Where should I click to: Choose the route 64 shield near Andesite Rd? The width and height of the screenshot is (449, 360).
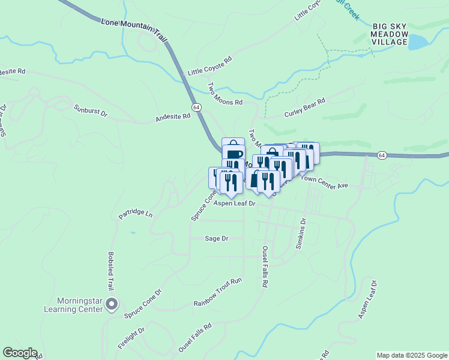coord(196,106)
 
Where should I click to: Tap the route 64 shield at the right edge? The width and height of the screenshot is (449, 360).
coord(382,155)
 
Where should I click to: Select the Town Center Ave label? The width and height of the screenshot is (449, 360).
coord(324,182)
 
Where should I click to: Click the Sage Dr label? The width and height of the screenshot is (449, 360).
coord(217,238)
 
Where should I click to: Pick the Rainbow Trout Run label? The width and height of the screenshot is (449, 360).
coord(217,300)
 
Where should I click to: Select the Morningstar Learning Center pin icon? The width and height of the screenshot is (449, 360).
coord(111,305)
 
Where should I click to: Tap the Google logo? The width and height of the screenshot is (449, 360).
coord(20,353)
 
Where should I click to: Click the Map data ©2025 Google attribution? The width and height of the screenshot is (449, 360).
coord(411,355)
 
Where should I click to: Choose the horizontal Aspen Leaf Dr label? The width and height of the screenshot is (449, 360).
coord(235,204)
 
